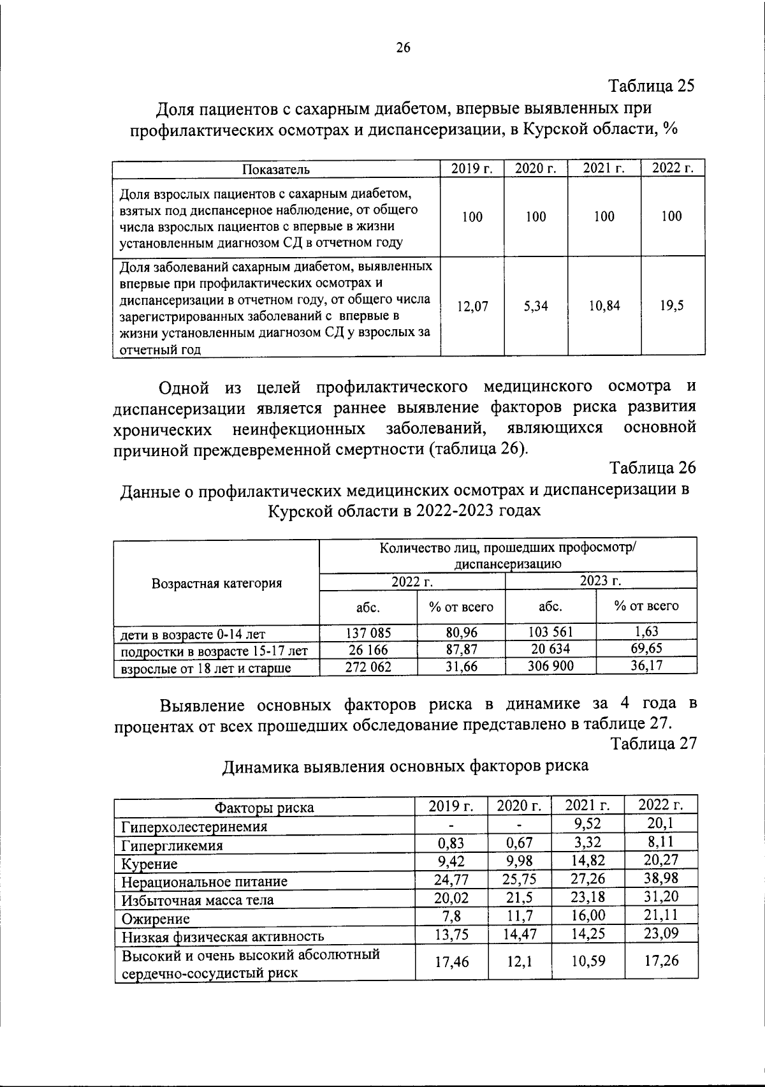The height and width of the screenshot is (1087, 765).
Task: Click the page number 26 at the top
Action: point(403,48)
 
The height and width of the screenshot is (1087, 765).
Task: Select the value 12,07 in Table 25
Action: point(472,306)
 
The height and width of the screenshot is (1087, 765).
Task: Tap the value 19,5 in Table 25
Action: point(672,306)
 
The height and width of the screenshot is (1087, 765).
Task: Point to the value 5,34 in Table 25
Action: point(535,306)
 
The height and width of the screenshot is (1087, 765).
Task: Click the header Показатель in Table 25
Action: point(276,169)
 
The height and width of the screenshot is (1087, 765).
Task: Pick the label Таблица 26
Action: point(653,468)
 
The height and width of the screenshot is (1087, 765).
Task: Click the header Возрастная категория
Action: point(217,583)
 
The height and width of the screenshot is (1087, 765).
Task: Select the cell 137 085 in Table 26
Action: point(368,632)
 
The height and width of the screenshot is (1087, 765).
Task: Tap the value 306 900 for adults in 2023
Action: point(550,666)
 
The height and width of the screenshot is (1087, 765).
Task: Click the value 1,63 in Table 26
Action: point(646,632)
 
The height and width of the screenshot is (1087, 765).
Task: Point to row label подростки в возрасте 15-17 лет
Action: point(215,651)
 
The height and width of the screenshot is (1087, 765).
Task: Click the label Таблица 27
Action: point(653,744)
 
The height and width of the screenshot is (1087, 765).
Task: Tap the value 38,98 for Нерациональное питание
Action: point(661,878)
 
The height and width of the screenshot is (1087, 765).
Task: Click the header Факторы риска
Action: point(264,808)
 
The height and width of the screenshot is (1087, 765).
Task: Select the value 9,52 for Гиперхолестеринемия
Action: point(588,824)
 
